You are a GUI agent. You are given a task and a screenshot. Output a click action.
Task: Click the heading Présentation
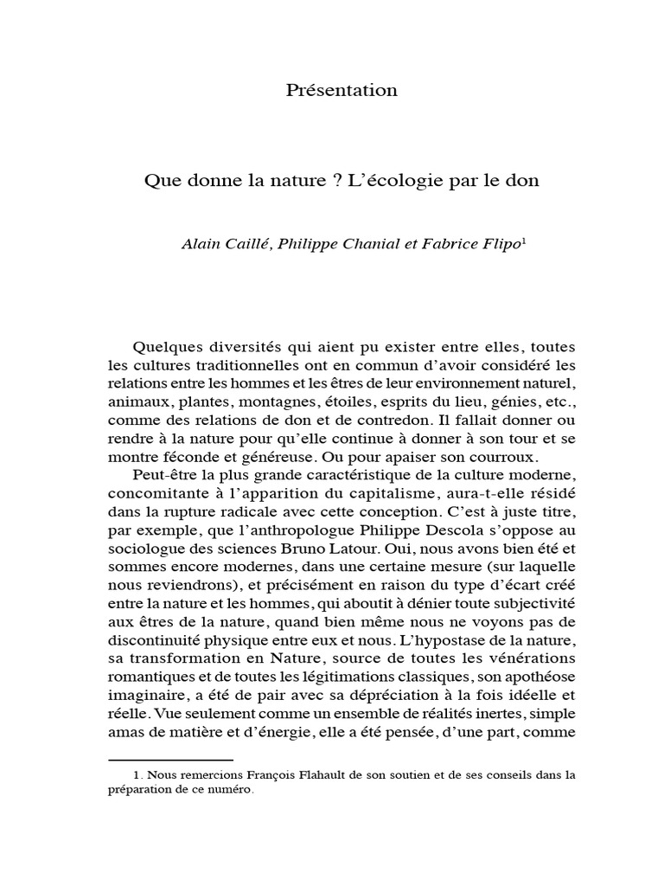(342, 91)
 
